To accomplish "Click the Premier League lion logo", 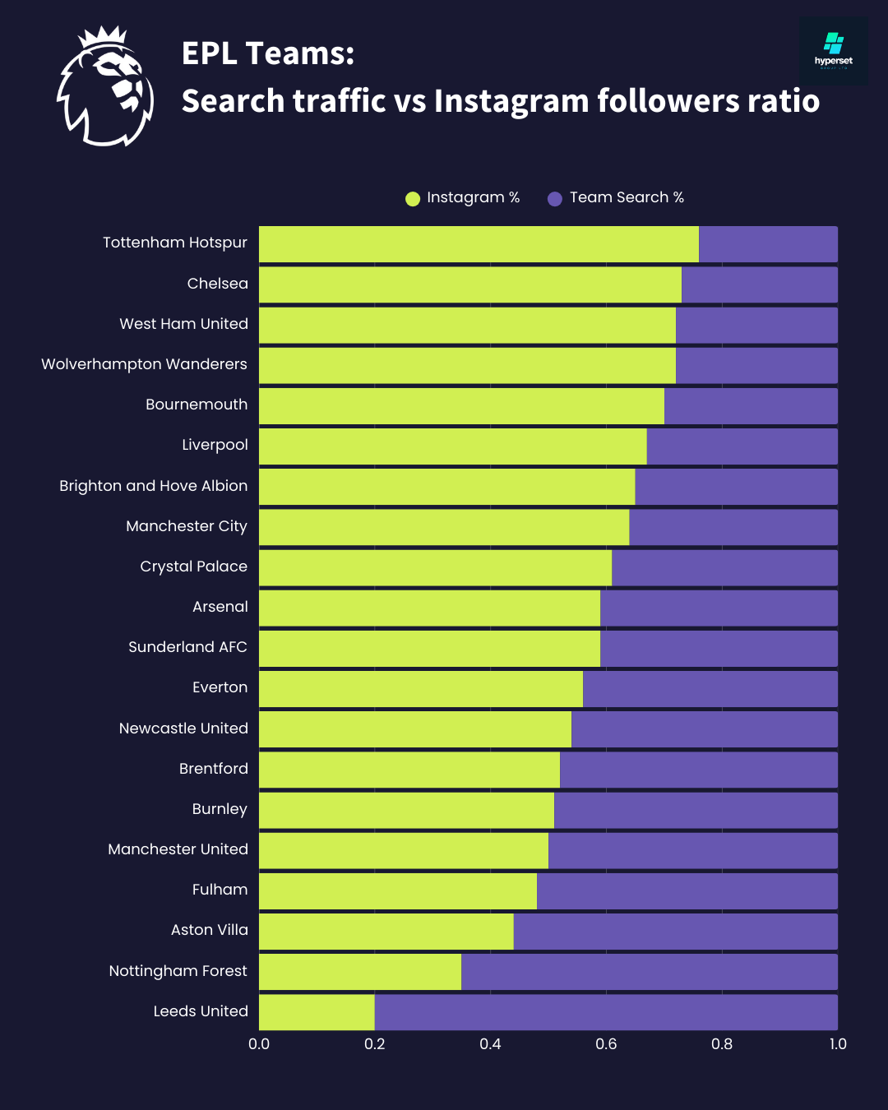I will [105, 86].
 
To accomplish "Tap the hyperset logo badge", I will [833, 51].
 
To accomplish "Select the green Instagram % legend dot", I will [413, 198].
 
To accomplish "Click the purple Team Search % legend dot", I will [555, 198].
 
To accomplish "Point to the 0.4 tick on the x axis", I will [490, 1043].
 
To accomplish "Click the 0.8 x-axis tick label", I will [722, 1043].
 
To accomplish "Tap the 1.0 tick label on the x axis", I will [837, 1043].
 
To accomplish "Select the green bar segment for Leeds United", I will [317, 1012].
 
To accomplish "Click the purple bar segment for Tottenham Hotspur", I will [768, 244].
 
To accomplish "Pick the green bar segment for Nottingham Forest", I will [360, 972].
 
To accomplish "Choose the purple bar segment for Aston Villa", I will [675, 932].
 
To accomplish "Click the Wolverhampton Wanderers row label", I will [144, 364].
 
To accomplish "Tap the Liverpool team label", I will [215, 445].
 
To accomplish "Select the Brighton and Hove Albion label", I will [153, 486].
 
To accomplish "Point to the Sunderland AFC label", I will [187, 647].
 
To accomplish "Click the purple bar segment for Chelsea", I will [760, 284].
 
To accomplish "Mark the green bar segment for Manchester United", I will [404, 850].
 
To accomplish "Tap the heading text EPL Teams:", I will [268, 53].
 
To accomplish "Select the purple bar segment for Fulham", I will [687, 891].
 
